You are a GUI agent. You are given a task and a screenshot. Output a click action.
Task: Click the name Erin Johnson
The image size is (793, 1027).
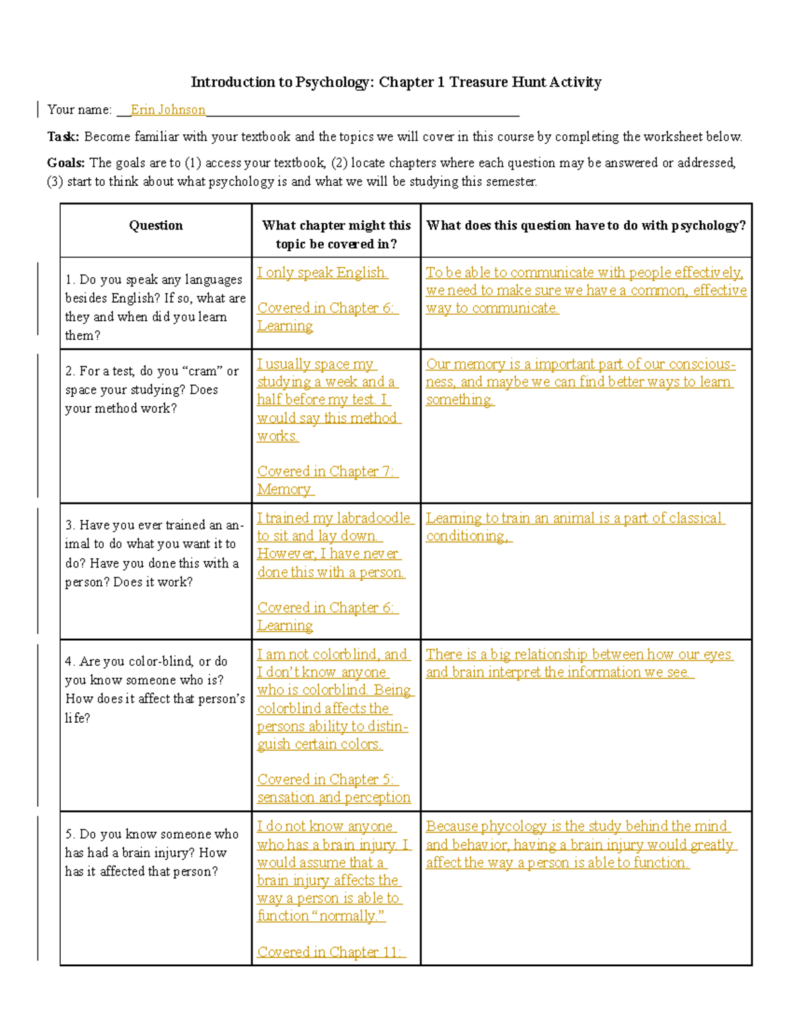(168, 110)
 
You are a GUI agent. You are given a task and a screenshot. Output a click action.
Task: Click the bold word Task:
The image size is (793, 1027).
(63, 137)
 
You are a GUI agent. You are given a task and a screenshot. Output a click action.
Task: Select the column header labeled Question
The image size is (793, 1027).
(156, 226)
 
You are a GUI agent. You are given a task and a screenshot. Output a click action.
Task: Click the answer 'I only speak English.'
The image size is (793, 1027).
(322, 272)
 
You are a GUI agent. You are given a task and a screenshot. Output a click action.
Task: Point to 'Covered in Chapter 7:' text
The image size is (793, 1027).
(326, 472)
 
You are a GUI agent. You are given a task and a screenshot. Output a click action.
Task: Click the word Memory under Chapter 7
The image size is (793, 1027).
(284, 489)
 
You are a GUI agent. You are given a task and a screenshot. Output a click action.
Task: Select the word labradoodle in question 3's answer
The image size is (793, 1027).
(373, 518)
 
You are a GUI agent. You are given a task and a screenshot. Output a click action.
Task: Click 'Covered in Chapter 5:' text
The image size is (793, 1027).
(326, 780)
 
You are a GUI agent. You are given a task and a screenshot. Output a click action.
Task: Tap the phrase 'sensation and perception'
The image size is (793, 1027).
(334, 798)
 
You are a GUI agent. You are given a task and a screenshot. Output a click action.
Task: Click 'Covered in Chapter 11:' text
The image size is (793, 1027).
(330, 952)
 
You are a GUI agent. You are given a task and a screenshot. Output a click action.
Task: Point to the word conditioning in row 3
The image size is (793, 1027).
(467, 536)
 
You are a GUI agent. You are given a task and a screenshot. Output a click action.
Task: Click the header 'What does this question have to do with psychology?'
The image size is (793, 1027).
(585, 226)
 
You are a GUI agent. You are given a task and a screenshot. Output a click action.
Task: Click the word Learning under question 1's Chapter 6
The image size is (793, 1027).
(285, 326)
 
